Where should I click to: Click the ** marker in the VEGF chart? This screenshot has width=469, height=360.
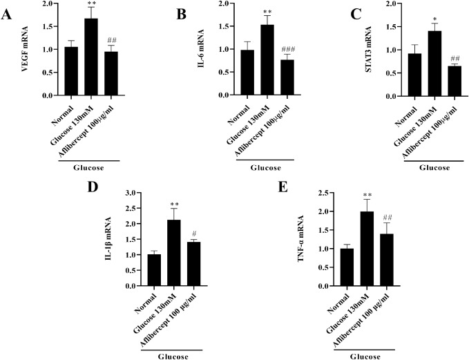click(91, 3)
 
